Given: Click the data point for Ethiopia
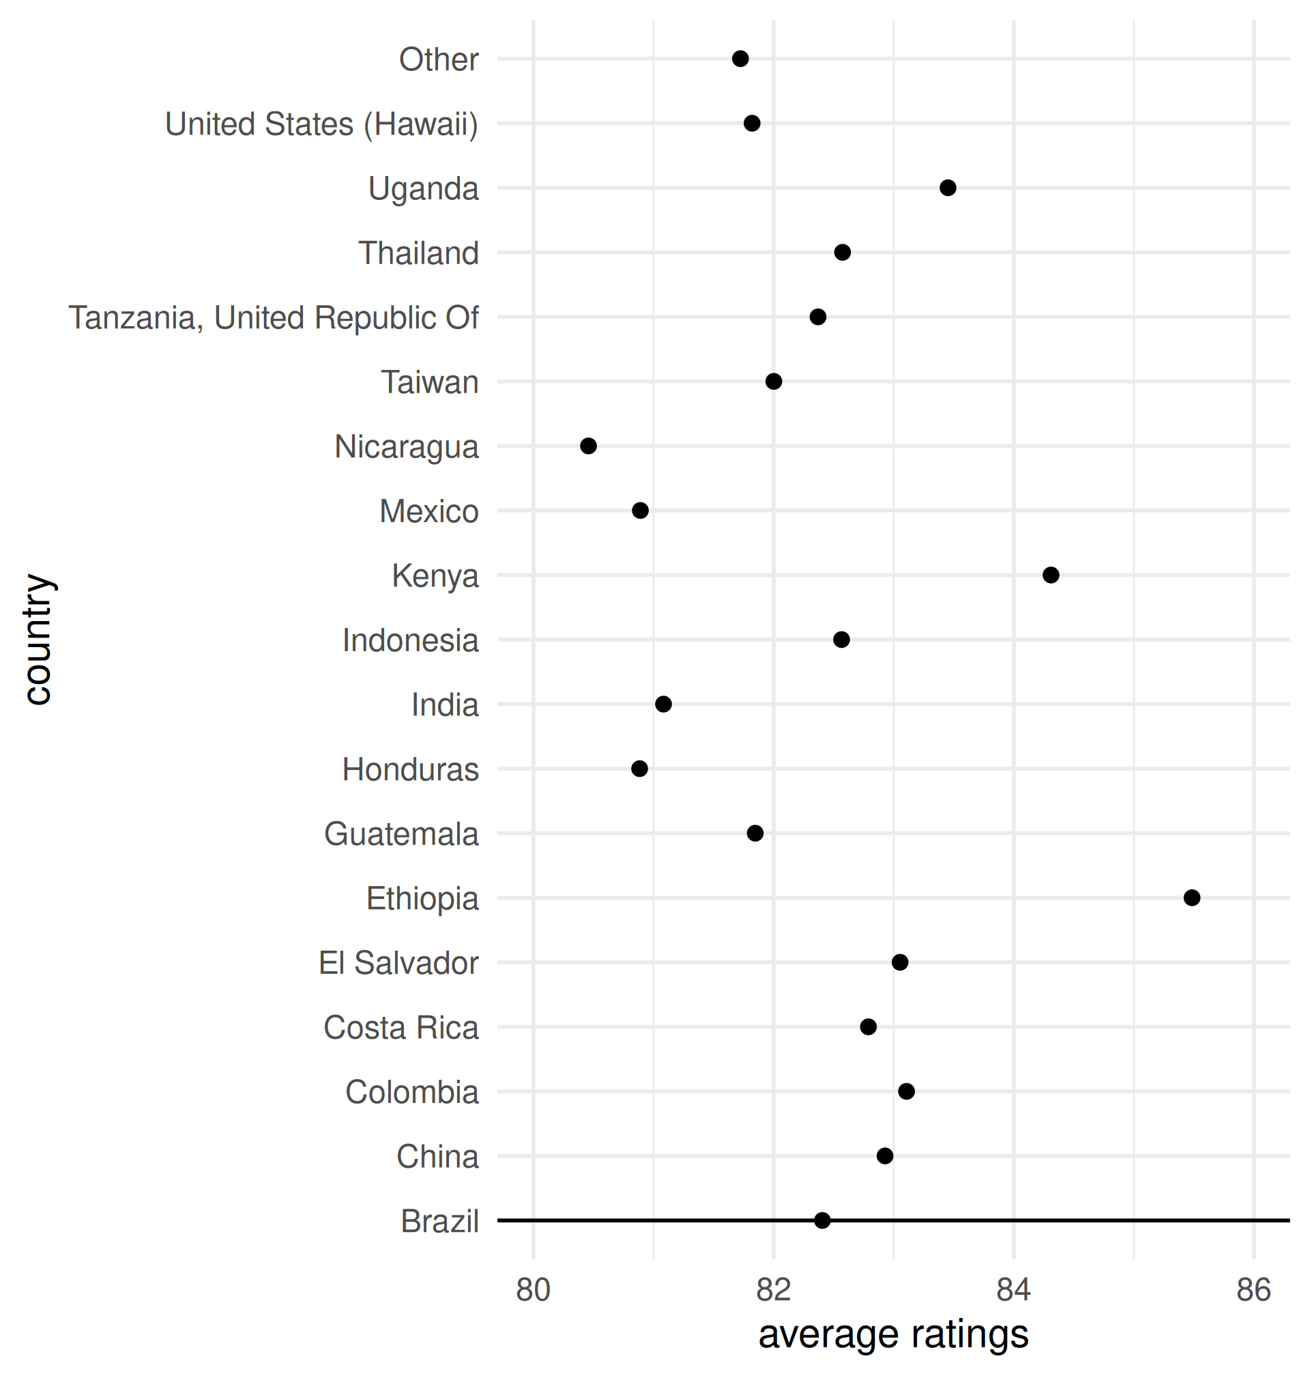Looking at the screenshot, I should (1192, 898).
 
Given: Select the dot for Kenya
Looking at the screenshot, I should (1051, 575).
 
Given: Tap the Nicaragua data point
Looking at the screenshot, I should (589, 446).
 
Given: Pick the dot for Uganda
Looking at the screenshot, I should (948, 188).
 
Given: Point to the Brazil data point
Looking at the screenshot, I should (823, 1220).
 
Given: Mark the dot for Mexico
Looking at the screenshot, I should (641, 511).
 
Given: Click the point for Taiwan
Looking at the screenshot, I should (774, 382).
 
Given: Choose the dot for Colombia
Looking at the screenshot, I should (906, 1091).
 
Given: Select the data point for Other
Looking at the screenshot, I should (741, 59).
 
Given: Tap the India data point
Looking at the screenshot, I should (663, 704).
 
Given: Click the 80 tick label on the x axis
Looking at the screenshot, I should (534, 1289).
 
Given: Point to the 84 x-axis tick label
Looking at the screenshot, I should (1014, 1289).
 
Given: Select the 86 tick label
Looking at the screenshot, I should (1253, 1289).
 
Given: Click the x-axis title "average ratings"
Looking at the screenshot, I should (893, 1335).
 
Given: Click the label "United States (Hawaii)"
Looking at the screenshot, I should (322, 124).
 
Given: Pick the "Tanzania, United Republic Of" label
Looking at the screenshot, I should (274, 318).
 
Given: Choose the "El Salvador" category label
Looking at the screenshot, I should (398, 963).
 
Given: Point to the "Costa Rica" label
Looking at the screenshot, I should (401, 1027).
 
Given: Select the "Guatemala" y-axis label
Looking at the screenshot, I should (401, 834).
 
